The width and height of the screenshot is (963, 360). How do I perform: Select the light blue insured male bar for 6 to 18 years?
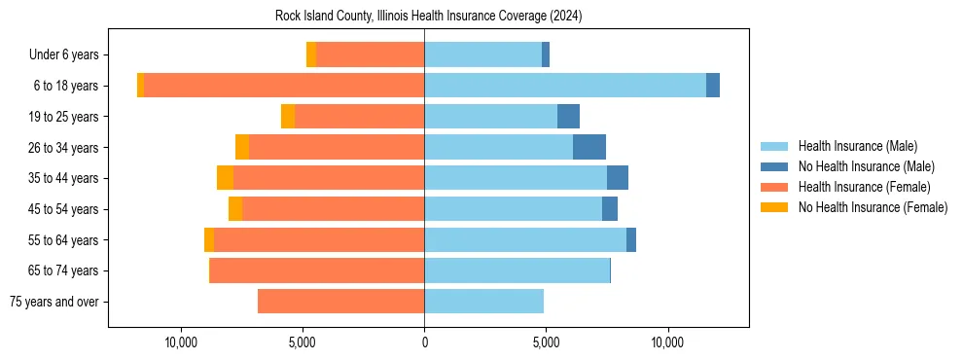(x=564, y=86)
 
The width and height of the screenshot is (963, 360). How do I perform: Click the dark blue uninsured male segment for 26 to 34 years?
(x=589, y=147)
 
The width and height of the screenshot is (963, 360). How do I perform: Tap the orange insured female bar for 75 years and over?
(x=340, y=302)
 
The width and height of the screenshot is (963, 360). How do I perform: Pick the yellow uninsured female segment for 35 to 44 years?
(x=225, y=178)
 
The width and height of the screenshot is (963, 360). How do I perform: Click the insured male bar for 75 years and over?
(x=483, y=302)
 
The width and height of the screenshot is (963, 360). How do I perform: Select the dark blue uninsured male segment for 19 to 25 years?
(x=568, y=117)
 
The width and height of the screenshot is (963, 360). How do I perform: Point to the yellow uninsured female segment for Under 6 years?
(x=311, y=54)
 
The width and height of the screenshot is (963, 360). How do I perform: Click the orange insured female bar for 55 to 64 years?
(x=319, y=239)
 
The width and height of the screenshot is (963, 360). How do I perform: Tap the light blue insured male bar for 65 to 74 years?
(x=517, y=270)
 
